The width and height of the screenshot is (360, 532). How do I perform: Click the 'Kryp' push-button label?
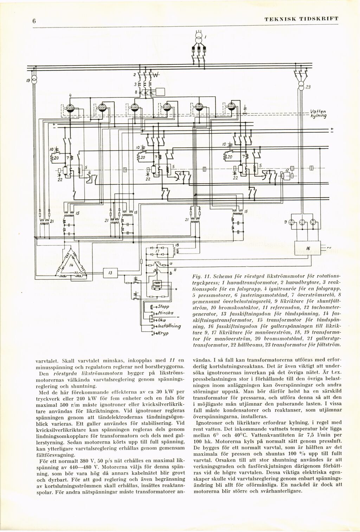[163, 333]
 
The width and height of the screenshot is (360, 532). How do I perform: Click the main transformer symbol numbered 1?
[199, 37]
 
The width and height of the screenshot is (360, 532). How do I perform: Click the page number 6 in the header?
[34, 21]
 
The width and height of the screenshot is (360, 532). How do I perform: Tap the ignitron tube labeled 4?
[70, 108]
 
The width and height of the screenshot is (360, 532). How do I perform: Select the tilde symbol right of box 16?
[329, 248]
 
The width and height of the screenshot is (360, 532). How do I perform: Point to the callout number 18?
[177, 245]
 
